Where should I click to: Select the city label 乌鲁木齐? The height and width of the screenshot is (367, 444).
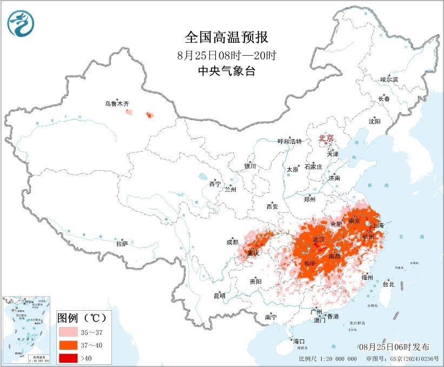pos(116,104)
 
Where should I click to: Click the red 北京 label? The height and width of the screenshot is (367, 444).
pos(326,138)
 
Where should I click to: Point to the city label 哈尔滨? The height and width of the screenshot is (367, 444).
pos(389,79)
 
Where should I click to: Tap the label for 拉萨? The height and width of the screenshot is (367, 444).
pos(122,244)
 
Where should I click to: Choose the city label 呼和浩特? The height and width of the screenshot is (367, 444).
pos(289,141)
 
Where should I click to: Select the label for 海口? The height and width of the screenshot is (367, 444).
pos(299,341)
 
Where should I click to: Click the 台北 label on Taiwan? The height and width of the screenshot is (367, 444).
pos(388,284)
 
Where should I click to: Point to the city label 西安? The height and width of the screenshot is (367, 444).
pos(272,206)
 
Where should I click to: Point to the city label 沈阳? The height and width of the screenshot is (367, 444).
pos(374,121)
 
